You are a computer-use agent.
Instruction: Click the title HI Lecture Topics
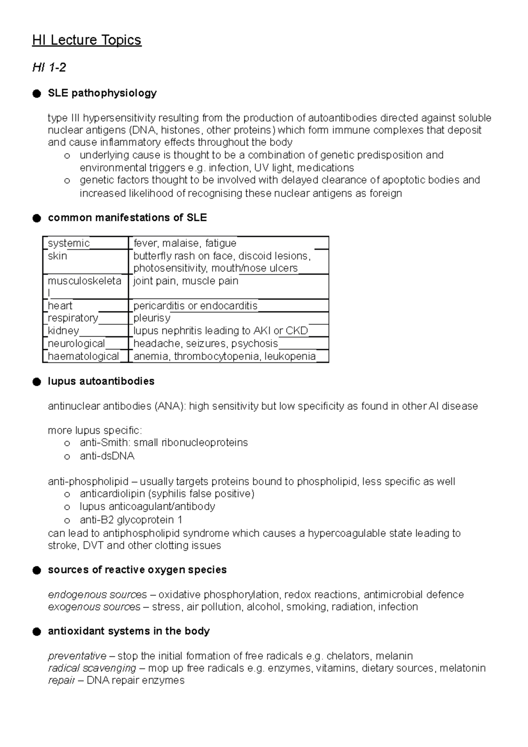point(87,40)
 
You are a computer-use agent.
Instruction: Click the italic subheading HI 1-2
point(49,67)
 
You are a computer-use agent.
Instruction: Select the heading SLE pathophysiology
point(102,93)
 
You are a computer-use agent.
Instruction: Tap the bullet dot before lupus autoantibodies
point(37,381)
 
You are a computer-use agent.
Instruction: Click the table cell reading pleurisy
point(152,318)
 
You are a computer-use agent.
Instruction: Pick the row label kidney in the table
point(63,331)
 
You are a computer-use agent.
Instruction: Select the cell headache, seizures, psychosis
point(205,344)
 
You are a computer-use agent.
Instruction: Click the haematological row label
point(84,356)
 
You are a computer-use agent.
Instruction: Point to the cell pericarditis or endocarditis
point(195,306)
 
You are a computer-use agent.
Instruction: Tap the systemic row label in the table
point(69,243)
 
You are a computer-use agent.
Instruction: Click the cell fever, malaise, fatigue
point(185,243)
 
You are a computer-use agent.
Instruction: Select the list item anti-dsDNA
point(107,456)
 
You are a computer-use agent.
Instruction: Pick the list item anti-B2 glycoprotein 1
point(131,520)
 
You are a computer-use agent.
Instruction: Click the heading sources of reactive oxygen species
point(137,570)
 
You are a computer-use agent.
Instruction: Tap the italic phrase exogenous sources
point(94,607)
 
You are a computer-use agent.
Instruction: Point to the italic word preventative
point(77,656)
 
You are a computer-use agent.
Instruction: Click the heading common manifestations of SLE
point(127,218)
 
